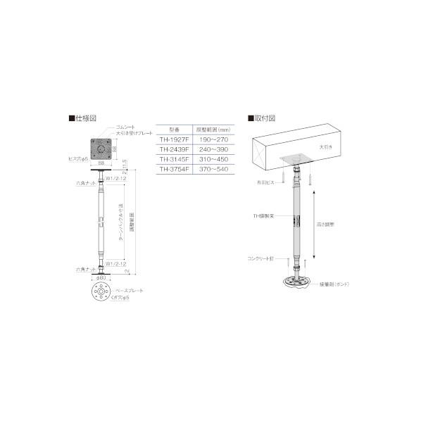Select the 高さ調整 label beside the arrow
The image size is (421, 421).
(x=329, y=220)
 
